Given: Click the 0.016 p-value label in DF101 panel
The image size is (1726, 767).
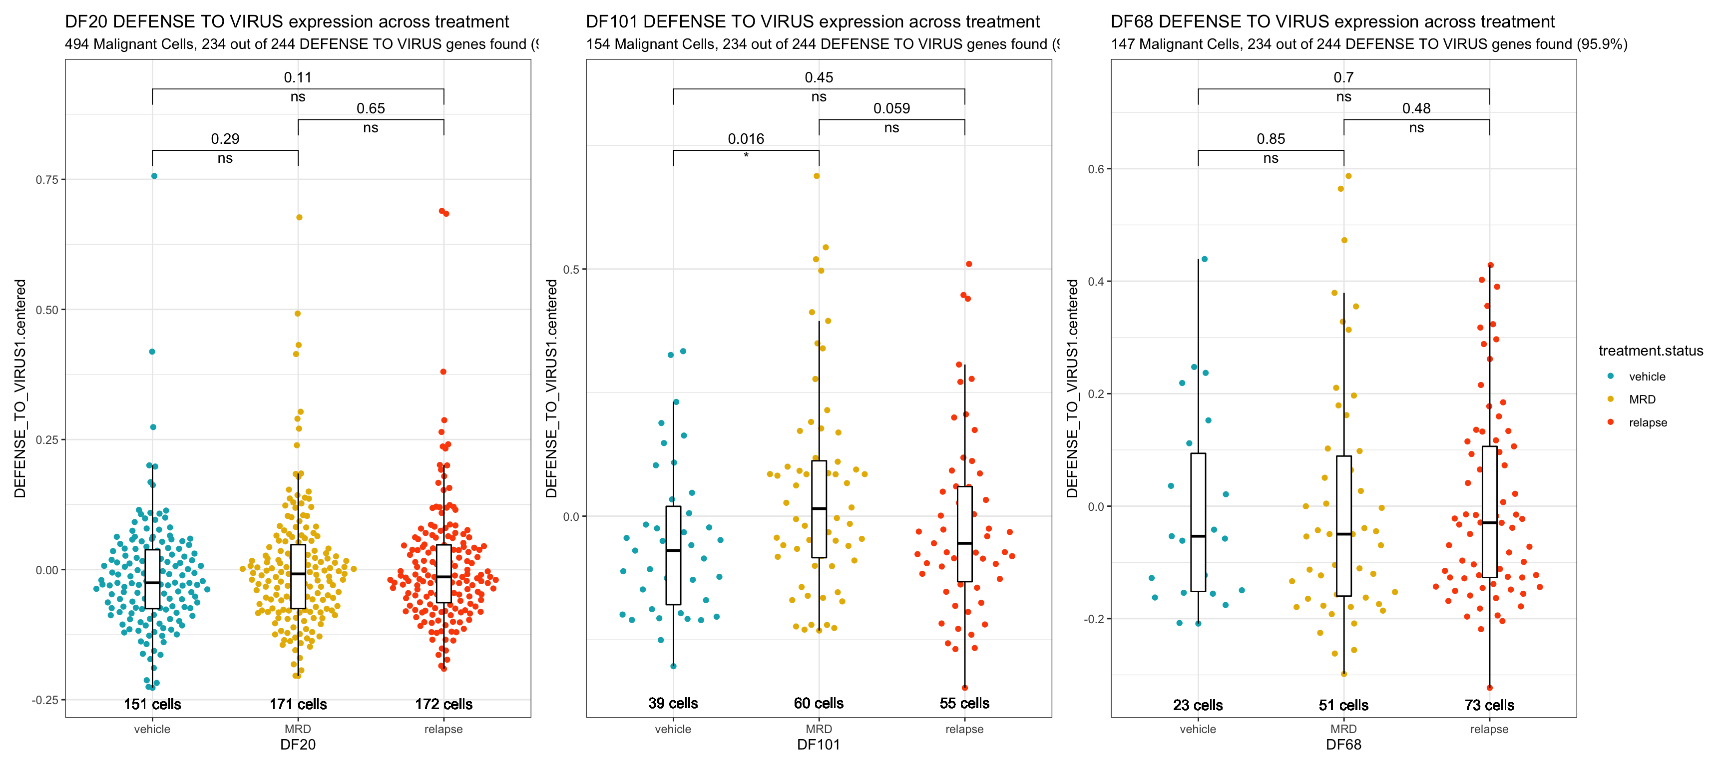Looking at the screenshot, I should point(746,139).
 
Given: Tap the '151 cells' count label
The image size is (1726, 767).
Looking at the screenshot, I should point(152,704).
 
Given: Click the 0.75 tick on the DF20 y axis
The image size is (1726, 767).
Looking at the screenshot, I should point(46,180).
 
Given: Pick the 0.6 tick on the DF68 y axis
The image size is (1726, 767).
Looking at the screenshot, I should point(1096,169).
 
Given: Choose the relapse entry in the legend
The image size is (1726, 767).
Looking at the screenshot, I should point(1648,422).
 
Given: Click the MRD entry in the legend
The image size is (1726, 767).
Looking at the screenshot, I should point(1642,399).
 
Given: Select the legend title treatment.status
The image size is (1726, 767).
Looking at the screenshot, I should point(1650,351).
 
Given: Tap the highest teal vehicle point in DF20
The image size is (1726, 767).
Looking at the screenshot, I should point(154,176).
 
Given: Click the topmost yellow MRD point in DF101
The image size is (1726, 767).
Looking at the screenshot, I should point(817,176).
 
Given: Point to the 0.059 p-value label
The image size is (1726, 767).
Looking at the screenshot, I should point(891,108).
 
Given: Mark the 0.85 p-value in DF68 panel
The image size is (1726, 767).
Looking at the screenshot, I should point(1271,139).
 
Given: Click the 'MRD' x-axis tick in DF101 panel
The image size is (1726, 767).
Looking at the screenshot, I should point(819,729).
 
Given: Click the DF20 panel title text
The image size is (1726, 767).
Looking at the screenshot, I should point(287,21).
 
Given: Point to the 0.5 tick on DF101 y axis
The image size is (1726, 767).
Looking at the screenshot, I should point(571,269).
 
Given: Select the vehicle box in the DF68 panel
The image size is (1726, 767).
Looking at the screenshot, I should point(1198,522).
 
